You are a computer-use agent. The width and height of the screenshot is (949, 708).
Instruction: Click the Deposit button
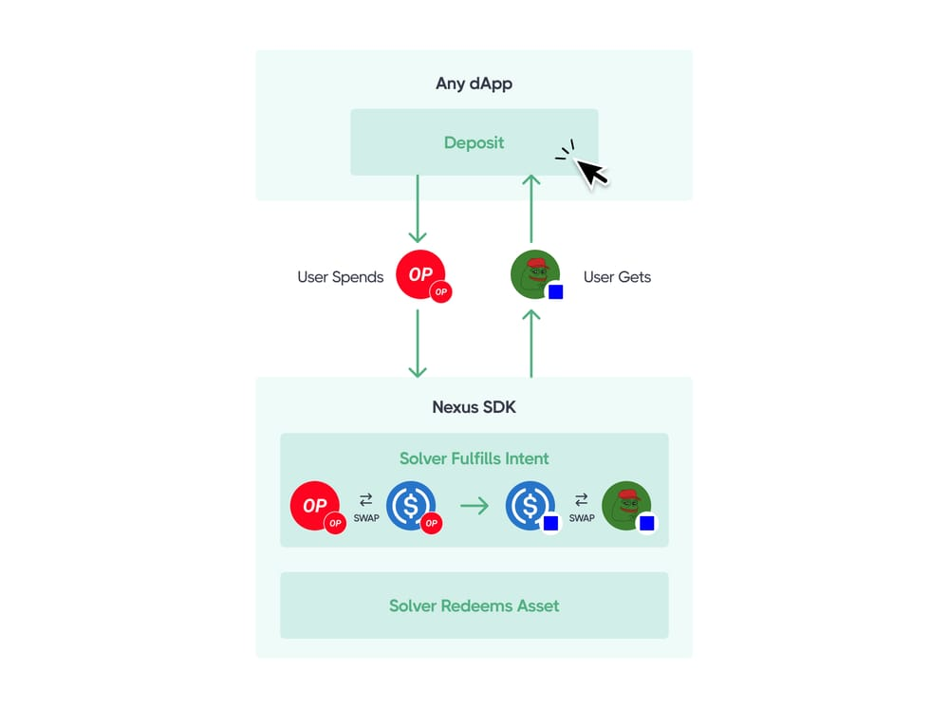pyautogui.click(x=474, y=142)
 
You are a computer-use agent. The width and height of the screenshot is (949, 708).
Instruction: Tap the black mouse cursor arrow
pyautogui.click(x=592, y=172)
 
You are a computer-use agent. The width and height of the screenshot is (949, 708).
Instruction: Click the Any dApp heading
pyautogui.click(x=474, y=84)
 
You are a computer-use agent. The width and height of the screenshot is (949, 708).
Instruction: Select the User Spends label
pyautogui.click(x=340, y=277)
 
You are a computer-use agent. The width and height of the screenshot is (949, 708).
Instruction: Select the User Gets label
pyautogui.click(x=617, y=277)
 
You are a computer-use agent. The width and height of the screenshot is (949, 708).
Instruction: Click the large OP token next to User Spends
pyautogui.click(x=420, y=275)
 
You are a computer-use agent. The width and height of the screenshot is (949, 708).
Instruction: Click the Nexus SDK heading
pyautogui.click(x=474, y=408)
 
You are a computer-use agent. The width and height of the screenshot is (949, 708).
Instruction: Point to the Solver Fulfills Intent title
pyautogui.click(x=474, y=458)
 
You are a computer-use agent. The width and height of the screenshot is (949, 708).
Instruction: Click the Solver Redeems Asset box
pyautogui.click(x=474, y=606)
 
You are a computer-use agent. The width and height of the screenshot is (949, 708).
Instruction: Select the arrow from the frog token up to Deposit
pyautogui.click(x=531, y=209)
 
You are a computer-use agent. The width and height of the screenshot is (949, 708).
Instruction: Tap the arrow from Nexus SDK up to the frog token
pyautogui.click(x=531, y=343)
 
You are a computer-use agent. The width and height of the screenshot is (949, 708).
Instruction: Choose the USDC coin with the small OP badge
pyautogui.click(x=411, y=507)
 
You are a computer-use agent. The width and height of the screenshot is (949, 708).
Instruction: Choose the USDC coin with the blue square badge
pyautogui.click(x=530, y=507)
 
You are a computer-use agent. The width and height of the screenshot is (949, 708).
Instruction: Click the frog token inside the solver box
pyautogui.click(x=626, y=507)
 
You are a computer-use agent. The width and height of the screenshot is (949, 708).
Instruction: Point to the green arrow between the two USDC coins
pyautogui.click(x=474, y=507)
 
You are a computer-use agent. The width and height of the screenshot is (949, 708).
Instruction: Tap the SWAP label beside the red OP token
pyautogui.click(x=366, y=518)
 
